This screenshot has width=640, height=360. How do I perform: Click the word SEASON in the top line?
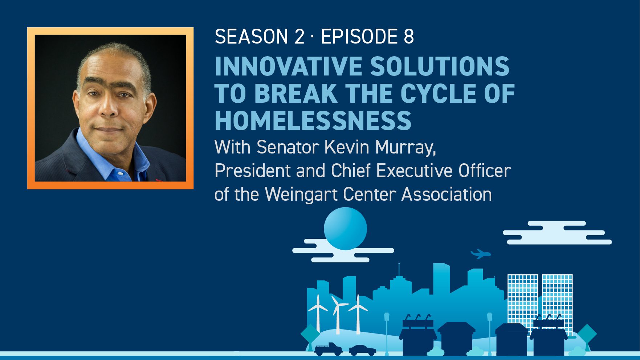click(251, 36)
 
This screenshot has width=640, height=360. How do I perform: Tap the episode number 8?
click(409, 36)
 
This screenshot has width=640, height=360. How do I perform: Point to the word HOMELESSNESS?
click(313, 120)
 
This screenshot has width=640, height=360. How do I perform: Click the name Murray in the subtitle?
click(405, 148)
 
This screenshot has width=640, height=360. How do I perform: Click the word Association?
click(447, 194)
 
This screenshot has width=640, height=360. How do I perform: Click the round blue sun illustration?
click(345, 229)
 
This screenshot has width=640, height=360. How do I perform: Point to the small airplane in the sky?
click(481, 254)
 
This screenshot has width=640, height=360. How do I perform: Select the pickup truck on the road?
click(328, 349)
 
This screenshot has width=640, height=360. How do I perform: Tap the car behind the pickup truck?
click(362, 350)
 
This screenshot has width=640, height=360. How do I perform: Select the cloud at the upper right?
click(557, 233)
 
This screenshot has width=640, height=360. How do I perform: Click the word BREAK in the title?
click(295, 93)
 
